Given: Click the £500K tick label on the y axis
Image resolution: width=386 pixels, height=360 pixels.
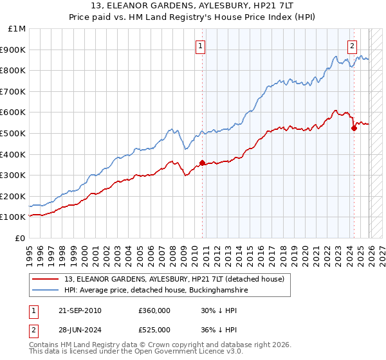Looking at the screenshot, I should (14, 133).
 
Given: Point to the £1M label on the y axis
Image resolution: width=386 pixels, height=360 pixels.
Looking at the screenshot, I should (17, 28).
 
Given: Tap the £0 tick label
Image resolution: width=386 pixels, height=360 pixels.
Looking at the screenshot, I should (20, 238).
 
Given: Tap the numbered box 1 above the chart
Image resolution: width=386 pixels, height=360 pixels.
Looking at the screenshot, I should (201, 46).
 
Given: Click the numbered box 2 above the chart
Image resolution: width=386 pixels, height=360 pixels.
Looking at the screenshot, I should (353, 46).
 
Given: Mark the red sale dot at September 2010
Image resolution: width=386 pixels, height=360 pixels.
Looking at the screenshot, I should (203, 163).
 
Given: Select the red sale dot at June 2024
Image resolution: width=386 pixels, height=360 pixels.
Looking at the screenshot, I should (354, 128).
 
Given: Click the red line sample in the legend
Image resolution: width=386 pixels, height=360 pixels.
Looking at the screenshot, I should (46, 278).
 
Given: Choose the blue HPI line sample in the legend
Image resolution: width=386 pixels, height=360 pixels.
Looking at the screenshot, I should (46, 291).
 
